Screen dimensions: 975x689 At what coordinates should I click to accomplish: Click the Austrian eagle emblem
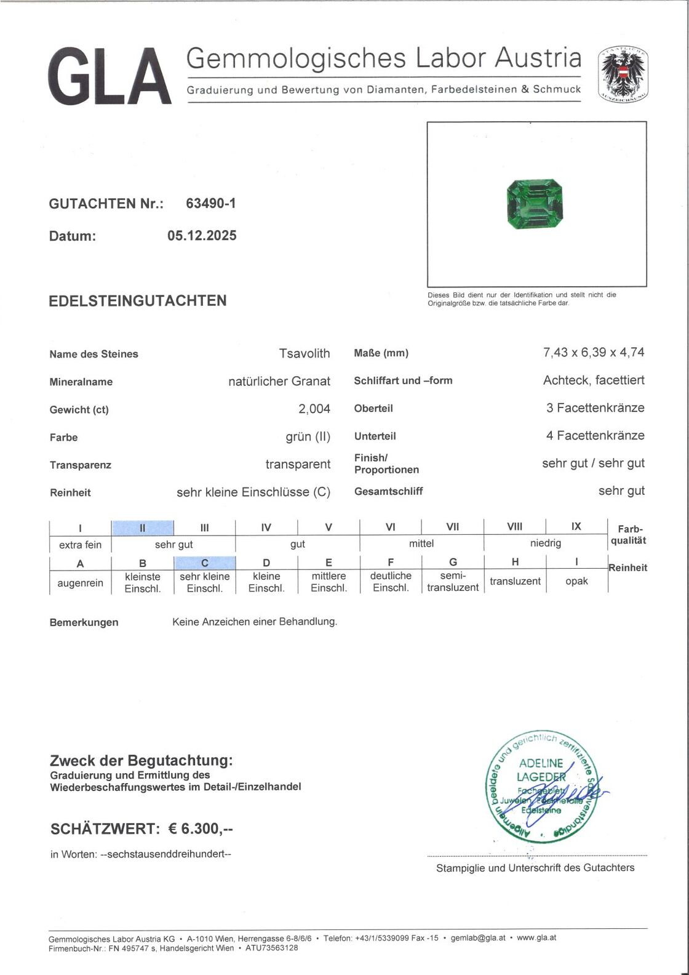624,75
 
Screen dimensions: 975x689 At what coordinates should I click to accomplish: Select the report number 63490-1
210,203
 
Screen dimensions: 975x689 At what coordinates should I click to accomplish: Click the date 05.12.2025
202,236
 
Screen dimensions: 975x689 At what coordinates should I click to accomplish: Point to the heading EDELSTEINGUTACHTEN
138,301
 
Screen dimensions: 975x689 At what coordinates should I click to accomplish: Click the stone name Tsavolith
305,353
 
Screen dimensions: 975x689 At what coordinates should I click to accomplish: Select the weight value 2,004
314,409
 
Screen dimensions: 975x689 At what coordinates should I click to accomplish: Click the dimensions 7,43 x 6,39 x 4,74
594,352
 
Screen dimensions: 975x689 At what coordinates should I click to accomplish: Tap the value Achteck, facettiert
594,380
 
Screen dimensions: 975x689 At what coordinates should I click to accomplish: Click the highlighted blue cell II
143,528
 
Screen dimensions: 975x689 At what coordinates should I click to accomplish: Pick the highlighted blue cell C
205,563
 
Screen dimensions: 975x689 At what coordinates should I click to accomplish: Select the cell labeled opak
576,581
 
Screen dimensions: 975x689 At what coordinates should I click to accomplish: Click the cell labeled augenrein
80,582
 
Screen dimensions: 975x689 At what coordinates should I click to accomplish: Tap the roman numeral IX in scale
576,527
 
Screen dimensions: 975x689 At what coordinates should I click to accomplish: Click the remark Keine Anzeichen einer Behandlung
255,622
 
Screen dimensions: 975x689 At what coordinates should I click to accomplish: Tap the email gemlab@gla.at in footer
478,937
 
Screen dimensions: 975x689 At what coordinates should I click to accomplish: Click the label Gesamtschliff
388,491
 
